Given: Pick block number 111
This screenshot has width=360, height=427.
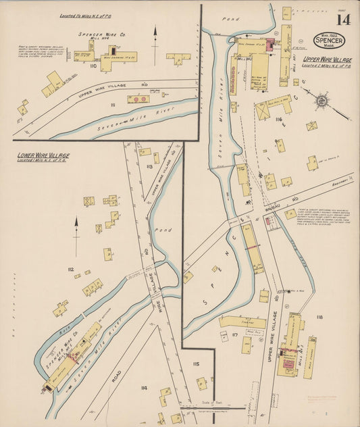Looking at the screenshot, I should click(x=113, y=106).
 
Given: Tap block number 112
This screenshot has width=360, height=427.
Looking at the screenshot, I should click(x=70, y=270).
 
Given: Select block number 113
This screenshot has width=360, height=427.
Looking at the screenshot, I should click(x=149, y=166).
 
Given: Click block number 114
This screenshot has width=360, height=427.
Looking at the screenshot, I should click(x=144, y=388).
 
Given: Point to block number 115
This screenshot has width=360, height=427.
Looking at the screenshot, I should click(x=196, y=364).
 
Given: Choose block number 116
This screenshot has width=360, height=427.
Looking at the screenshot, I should click(x=278, y=119).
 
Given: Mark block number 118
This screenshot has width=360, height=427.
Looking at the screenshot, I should click(x=319, y=317).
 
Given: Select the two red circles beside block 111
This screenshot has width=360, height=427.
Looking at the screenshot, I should click(x=138, y=99).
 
